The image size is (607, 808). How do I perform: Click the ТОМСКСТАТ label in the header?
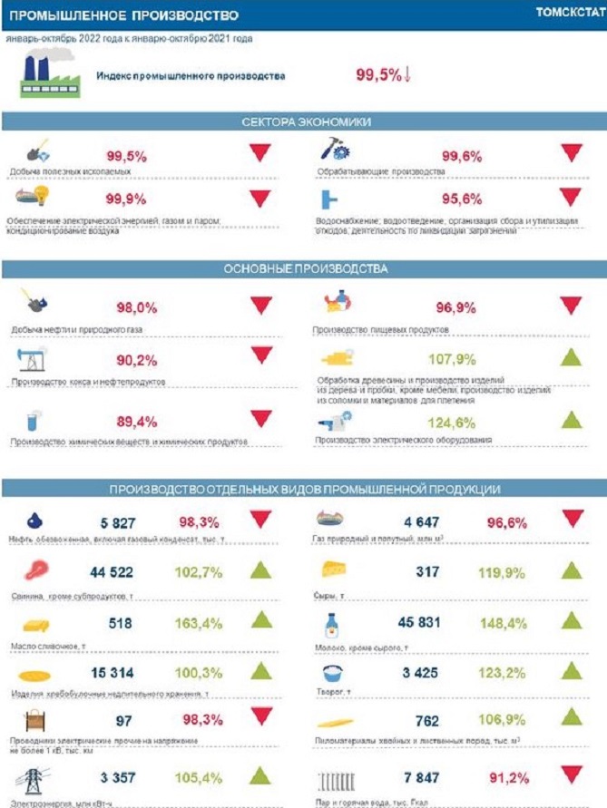(x=570, y=15)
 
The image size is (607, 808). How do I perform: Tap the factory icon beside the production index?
(x=44, y=75)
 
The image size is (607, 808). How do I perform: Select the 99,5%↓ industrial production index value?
(x=383, y=76)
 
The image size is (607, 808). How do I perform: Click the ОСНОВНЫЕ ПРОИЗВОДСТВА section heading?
(x=305, y=269)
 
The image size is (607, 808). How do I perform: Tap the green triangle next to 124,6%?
(x=570, y=420)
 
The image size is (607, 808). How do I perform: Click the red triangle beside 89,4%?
(x=261, y=419)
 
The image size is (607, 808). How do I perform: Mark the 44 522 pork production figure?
(x=112, y=572)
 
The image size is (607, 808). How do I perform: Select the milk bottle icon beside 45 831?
(x=332, y=624)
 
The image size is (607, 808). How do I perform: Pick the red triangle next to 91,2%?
(x=572, y=774)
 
